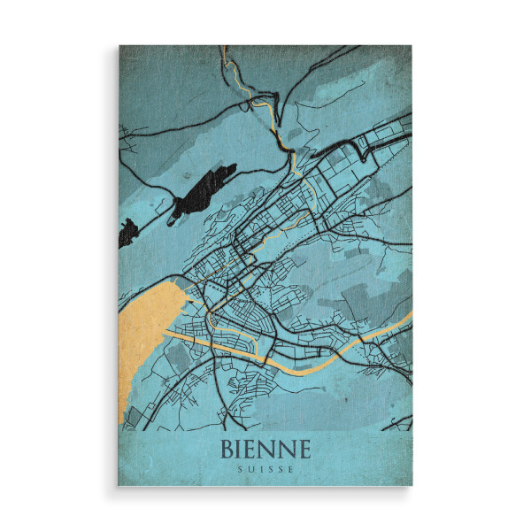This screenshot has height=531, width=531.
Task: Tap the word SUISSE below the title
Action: (x=265, y=469)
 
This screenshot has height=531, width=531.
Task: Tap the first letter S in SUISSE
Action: (x=242, y=469)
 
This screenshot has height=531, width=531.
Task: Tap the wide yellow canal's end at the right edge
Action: (x=410, y=314)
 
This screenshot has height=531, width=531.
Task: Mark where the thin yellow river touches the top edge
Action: (x=227, y=48)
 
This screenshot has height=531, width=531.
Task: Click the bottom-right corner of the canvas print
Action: (x=412, y=486)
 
